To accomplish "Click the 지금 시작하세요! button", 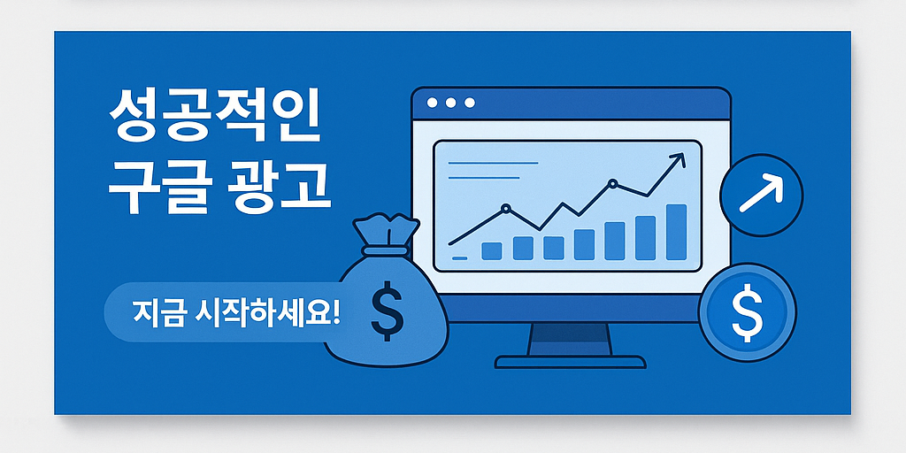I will (x=234, y=313).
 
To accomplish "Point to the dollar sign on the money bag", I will (x=387, y=311).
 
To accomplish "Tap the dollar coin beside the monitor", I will (x=747, y=312).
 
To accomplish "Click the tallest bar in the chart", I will (x=676, y=232).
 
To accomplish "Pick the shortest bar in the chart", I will (x=492, y=251).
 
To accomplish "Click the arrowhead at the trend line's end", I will (x=678, y=159).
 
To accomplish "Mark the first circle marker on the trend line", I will (x=505, y=210).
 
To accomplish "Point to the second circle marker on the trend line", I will (x=611, y=185).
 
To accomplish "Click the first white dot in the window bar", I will (x=433, y=104).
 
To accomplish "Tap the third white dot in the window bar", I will (x=470, y=104).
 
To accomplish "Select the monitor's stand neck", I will (x=570, y=339).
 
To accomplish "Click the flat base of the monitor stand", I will (x=570, y=362).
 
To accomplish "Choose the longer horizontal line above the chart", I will (x=494, y=163).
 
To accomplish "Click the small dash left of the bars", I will (x=459, y=257).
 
